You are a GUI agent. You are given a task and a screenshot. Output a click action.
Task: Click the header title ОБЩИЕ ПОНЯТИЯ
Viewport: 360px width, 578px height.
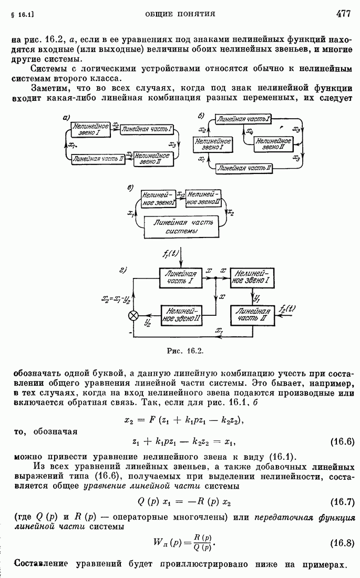pos(180,14)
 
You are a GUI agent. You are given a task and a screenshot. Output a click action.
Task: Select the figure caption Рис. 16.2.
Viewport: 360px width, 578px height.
pos(180,350)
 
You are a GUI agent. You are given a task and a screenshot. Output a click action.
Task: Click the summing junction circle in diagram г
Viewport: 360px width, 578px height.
pos(134,315)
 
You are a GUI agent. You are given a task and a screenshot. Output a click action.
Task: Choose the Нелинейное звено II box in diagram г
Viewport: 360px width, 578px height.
pos(181,314)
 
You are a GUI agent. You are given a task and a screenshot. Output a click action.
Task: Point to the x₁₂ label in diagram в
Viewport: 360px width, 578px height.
pos(180,194)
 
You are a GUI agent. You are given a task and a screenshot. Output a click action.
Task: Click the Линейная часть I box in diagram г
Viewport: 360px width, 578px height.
pos(181,277)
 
